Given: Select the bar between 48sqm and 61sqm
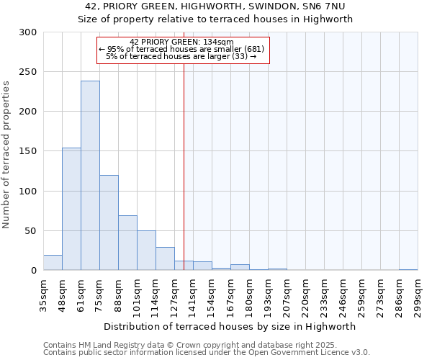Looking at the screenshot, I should pos(71,209).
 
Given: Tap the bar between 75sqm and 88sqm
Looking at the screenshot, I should pos(109,222).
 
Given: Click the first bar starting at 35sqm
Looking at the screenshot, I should pos(53,263).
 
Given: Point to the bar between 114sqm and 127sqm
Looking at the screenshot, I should pos(165,258).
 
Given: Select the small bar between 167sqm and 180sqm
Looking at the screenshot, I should pos(240,267).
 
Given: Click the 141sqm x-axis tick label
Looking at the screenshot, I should pos(193,296).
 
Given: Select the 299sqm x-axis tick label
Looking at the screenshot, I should pos(418,296).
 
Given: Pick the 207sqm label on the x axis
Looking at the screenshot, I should pos(287,296).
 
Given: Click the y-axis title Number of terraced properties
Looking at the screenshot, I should pos(6,155).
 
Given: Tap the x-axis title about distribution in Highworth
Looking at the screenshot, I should pos(230,327).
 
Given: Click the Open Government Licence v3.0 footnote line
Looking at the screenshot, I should pos(207,353).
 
